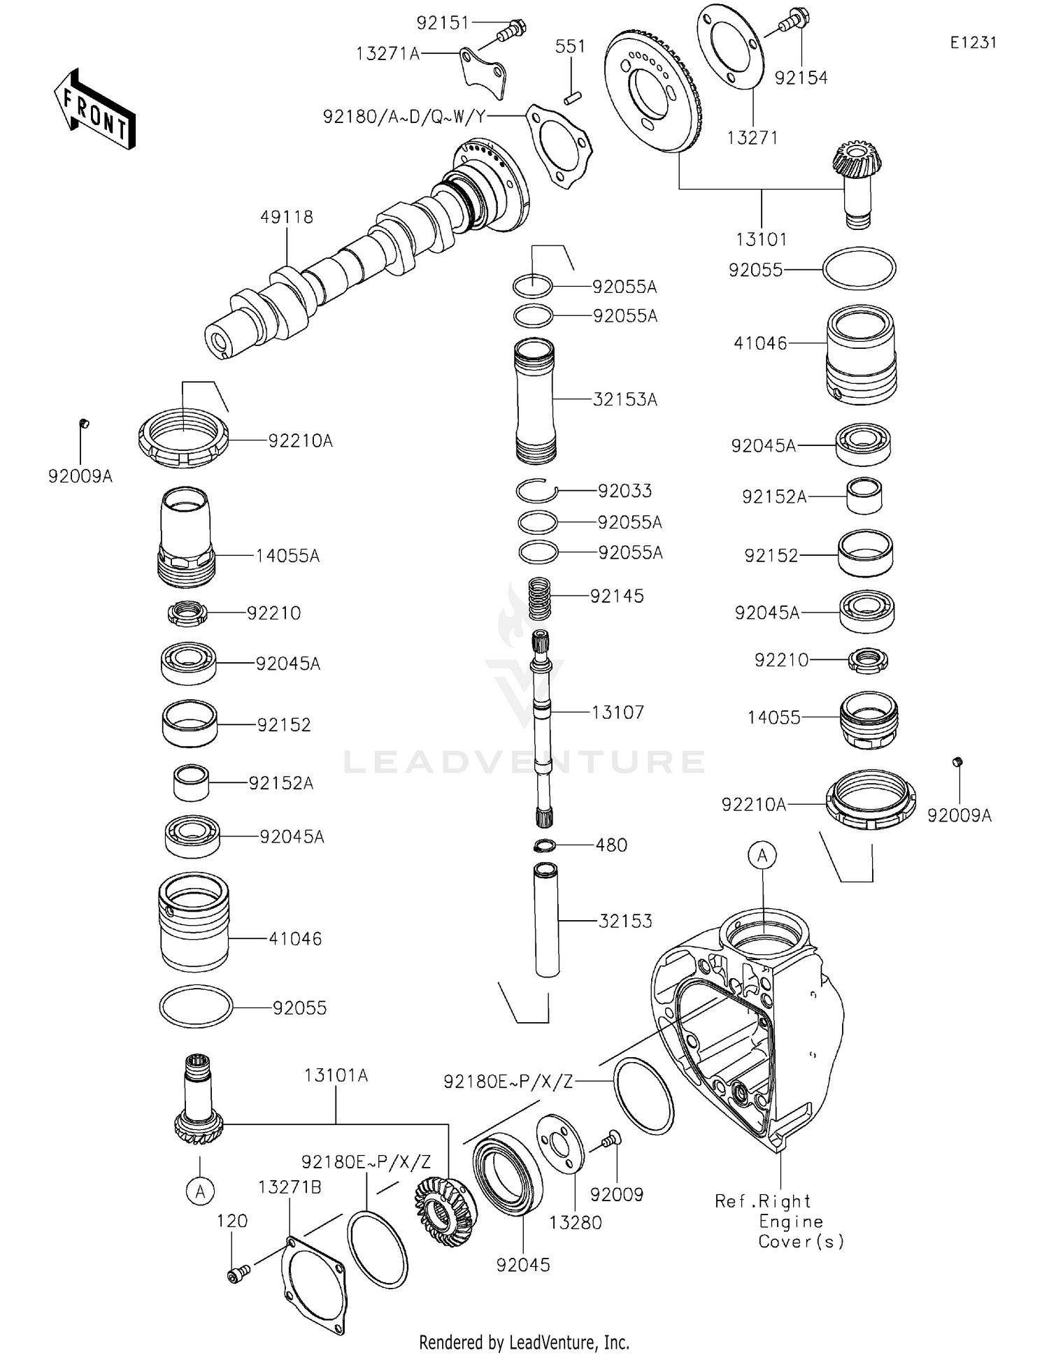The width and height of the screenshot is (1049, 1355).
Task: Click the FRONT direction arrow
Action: pyautogui.click(x=94, y=110)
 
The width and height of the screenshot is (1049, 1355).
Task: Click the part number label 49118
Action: pyautogui.click(x=287, y=217)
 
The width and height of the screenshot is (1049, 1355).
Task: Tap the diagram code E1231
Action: pyautogui.click(x=973, y=43)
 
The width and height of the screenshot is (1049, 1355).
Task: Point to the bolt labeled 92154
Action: pyautogui.click(x=792, y=19)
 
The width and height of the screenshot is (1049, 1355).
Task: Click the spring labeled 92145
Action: pyautogui.click(x=538, y=598)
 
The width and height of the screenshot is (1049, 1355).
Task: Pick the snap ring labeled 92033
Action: pyautogui.click(x=537, y=492)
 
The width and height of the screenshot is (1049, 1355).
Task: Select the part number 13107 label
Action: pyautogui.click(x=618, y=712)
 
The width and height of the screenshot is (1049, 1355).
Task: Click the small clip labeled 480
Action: pyautogui.click(x=544, y=846)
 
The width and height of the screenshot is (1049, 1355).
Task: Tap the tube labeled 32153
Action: pyautogui.click(x=546, y=920)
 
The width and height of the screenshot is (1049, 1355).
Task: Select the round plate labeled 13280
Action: pyautogui.click(x=560, y=1145)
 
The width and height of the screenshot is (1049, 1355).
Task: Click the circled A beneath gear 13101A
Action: pyautogui.click(x=201, y=1191)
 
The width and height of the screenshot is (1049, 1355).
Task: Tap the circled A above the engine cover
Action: pyautogui.click(x=762, y=855)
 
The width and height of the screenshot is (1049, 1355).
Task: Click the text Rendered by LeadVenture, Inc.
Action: pyautogui.click(x=524, y=1342)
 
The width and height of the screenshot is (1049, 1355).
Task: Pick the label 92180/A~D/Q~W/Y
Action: pyautogui.click(x=404, y=117)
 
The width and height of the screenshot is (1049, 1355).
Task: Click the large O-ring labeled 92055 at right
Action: pyautogui.click(x=859, y=268)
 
